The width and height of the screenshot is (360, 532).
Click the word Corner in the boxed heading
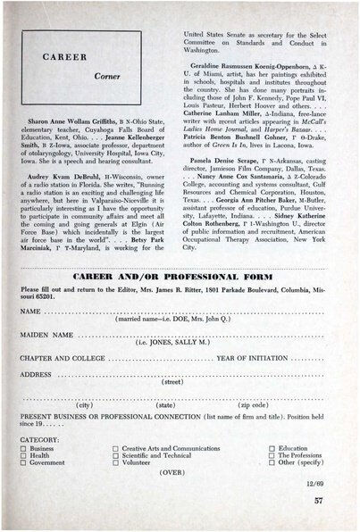[x=108, y=78]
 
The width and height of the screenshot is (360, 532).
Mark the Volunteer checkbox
[x=115, y=463]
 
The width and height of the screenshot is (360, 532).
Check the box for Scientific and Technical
[x=115, y=456]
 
